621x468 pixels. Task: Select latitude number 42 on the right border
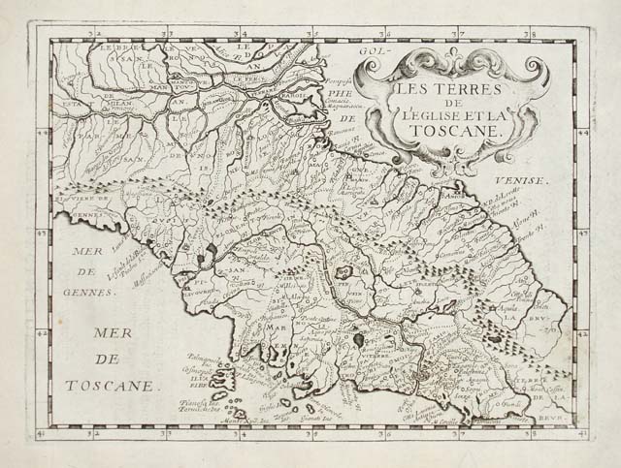point(583,330)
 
